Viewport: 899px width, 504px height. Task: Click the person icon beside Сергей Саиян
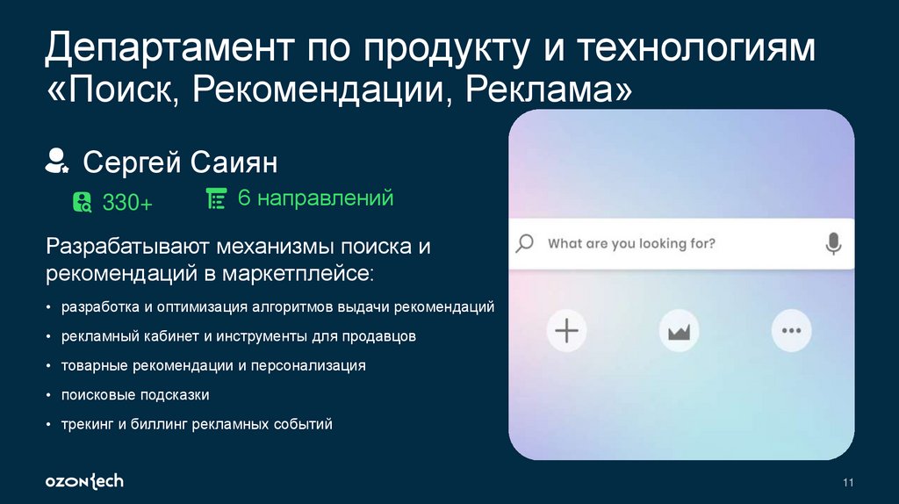(58, 161)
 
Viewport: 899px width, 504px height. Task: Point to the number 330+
(127, 203)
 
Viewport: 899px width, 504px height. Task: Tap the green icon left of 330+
(83, 202)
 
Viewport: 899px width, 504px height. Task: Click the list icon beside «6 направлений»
(215, 198)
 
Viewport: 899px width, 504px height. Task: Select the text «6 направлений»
(314, 198)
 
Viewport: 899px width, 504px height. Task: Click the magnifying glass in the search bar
(524, 243)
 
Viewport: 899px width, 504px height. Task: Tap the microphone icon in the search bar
(833, 243)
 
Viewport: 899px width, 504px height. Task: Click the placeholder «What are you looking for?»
(631, 243)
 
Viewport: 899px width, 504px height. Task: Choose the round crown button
(680, 331)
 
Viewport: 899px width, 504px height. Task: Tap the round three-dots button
(791, 331)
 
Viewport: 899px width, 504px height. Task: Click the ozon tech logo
(84, 480)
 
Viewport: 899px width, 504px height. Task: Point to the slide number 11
(848, 481)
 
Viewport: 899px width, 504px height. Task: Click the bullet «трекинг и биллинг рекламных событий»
(197, 424)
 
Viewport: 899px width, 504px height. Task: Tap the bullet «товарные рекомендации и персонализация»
(213, 365)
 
